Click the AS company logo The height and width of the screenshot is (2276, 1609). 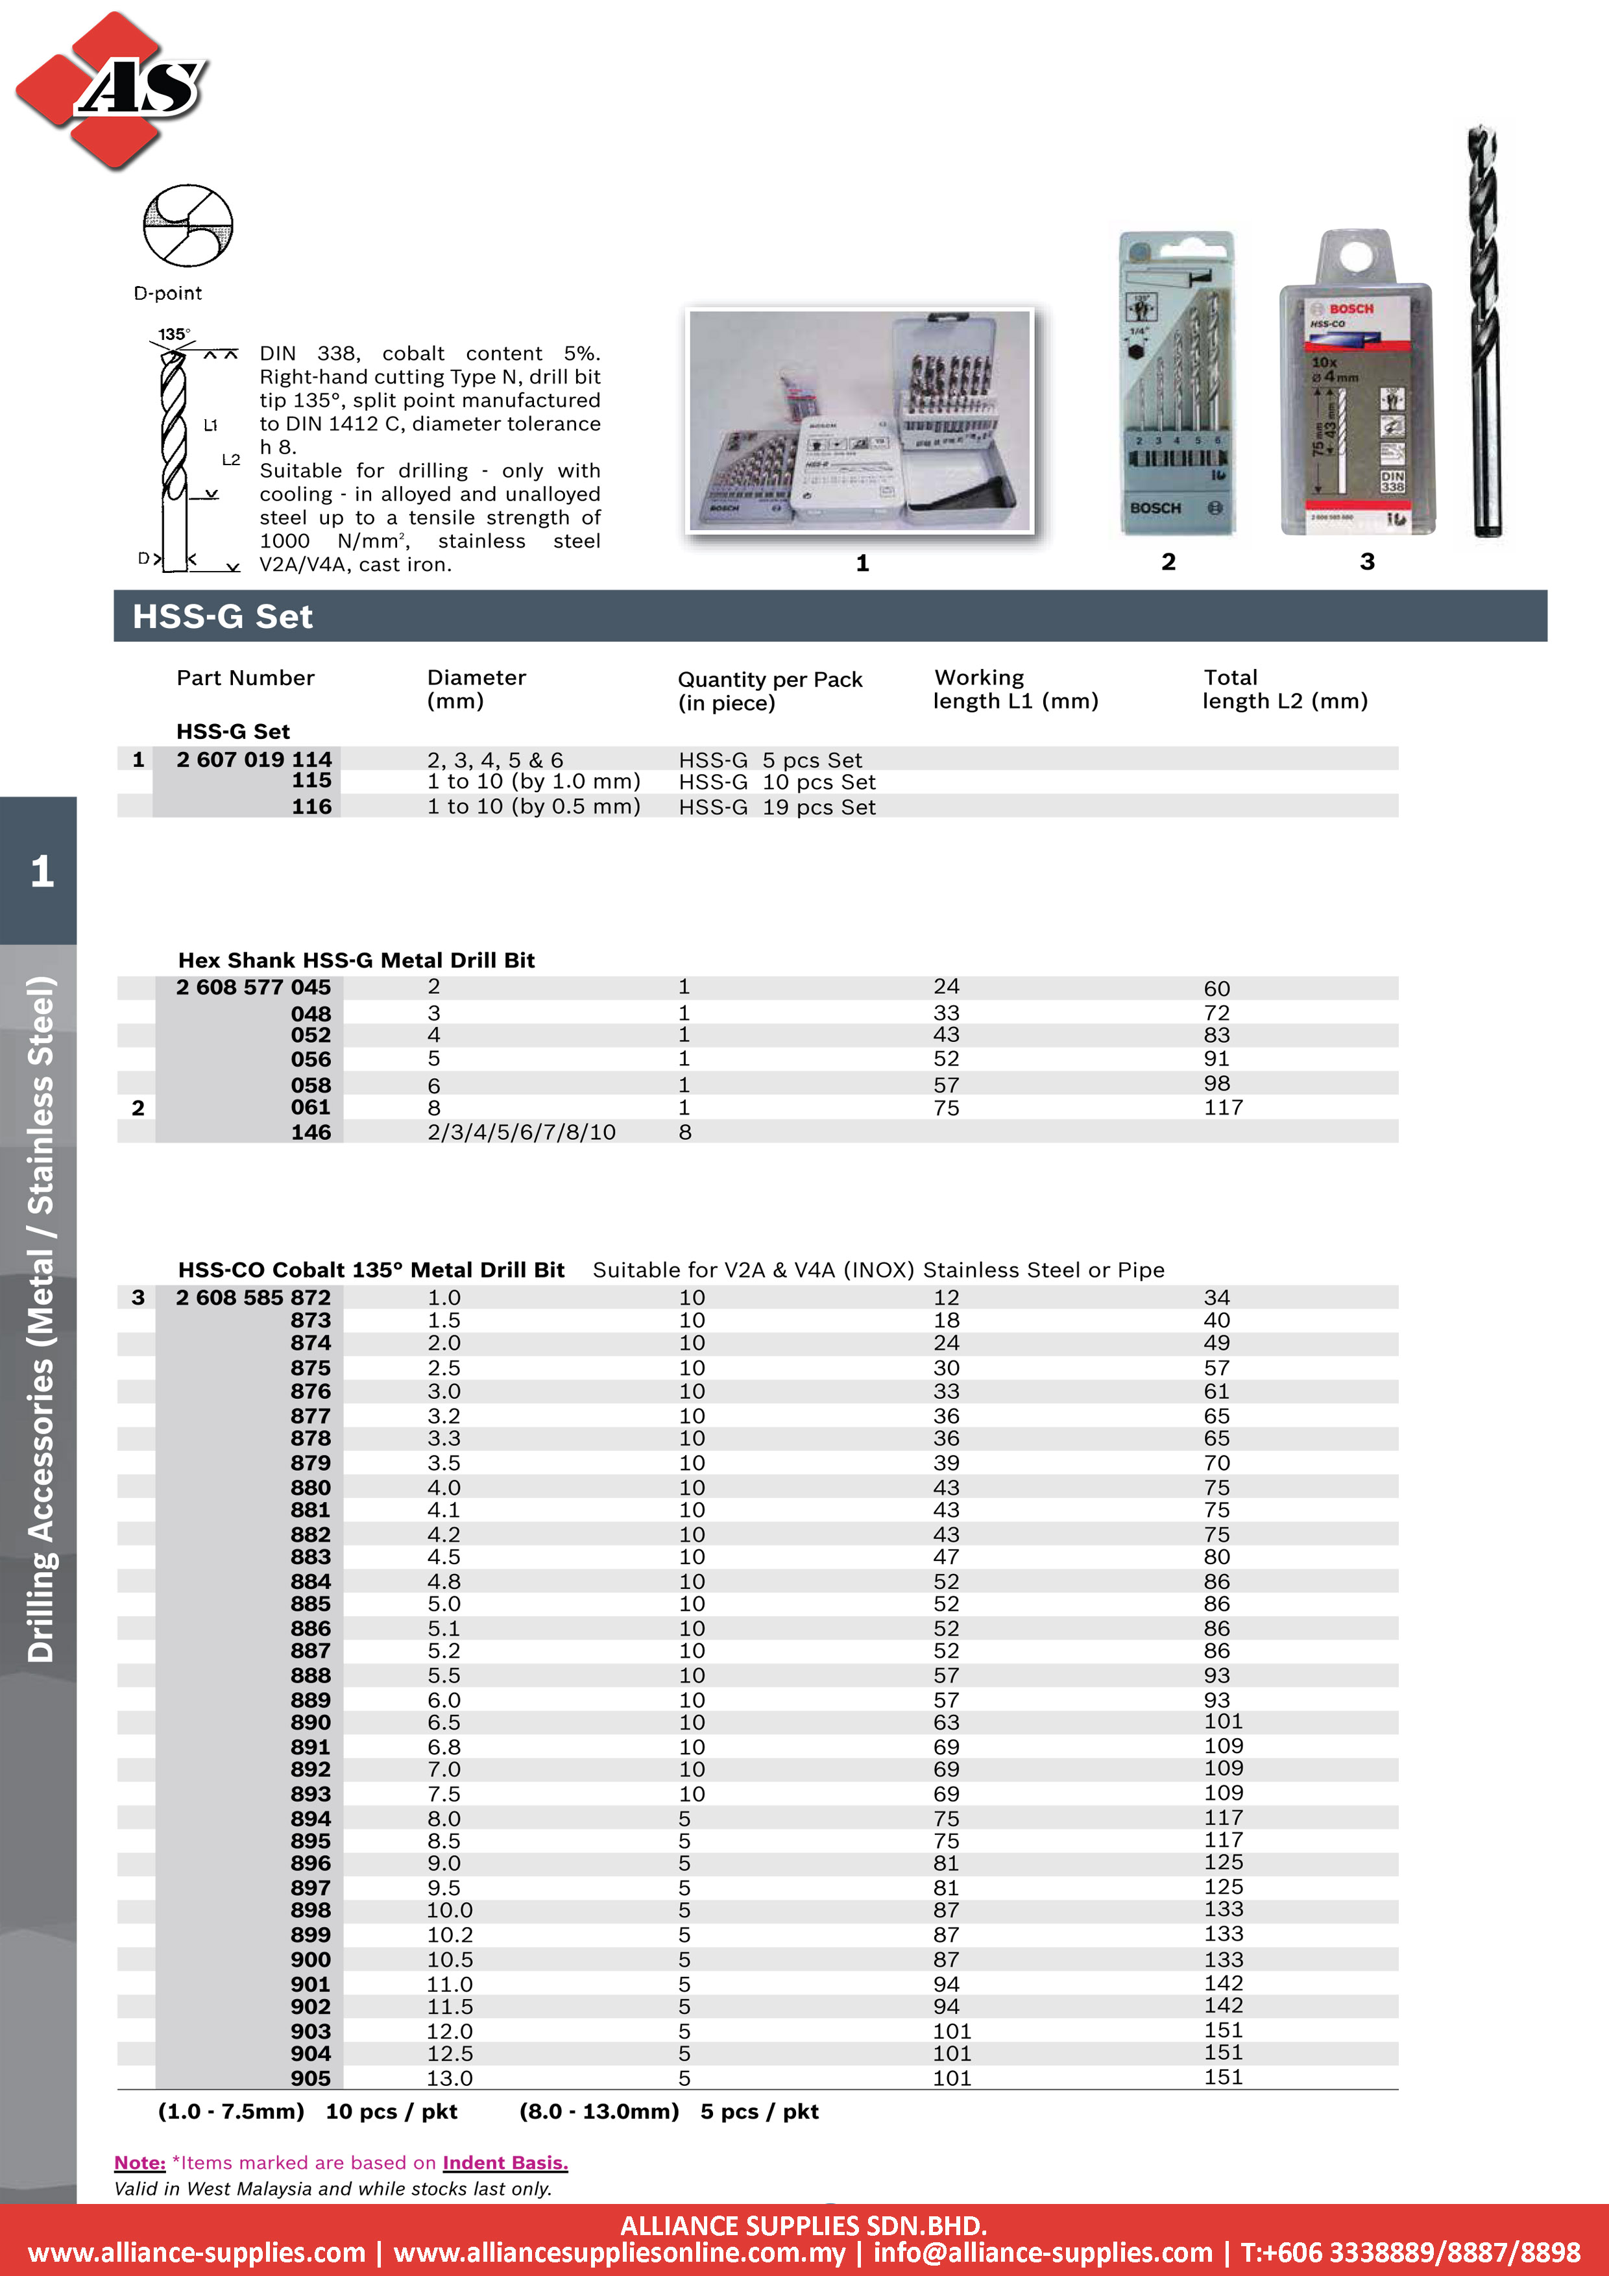111,90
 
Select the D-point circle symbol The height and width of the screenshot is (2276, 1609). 188,225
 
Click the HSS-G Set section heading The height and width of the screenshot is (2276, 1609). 223,616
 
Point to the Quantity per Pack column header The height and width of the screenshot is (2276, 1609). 769,691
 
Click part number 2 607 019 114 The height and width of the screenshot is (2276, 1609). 254,759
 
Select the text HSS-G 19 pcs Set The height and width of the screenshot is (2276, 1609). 777,807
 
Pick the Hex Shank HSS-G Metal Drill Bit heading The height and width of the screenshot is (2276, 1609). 356,960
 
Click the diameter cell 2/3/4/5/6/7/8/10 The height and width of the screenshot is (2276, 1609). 522,1132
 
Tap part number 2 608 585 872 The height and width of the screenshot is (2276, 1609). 254,1298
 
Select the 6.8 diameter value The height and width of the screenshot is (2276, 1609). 444,1747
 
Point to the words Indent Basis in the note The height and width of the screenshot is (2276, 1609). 505,2162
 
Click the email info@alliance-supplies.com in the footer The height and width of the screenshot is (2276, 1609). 1043,2252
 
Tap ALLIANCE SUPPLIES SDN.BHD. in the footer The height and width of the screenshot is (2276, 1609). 803,2225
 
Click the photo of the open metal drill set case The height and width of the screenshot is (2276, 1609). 860,420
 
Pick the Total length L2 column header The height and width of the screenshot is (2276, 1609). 1285,689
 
